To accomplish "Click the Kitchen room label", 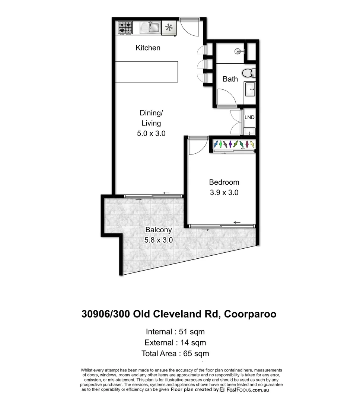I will point(148,48).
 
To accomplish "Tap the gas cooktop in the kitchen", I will point(125,28).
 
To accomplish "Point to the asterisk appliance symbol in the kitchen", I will point(169,28).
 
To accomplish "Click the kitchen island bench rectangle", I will point(146,72).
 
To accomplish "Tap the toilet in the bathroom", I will point(248,73).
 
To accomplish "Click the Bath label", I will point(230,79).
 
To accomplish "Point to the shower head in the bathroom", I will point(238,51).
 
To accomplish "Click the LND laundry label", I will point(249,117).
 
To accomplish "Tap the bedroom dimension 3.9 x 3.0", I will point(223,192).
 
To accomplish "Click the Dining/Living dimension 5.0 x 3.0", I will point(151,133).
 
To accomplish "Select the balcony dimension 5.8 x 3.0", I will point(158,240).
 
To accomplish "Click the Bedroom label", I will point(224,182).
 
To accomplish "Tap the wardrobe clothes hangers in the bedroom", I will point(234,144).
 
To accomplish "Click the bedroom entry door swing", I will point(197,146).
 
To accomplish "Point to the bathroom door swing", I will point(226,98).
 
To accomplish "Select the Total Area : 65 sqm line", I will point(175,353).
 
